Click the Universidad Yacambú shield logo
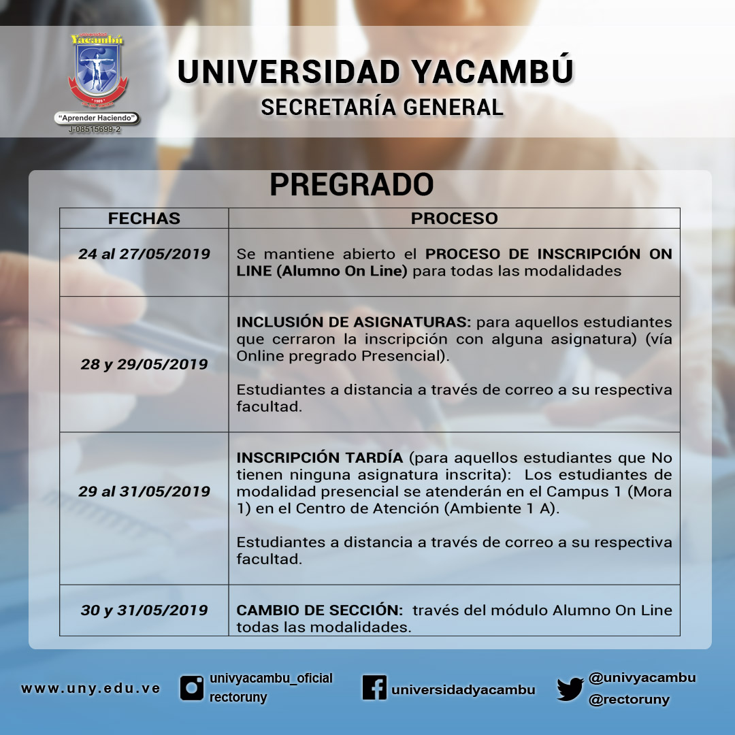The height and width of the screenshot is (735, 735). [x=97, y=70]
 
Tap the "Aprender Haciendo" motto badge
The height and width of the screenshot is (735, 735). [x=97, y=118]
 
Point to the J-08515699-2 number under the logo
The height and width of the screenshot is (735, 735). [x=95, y=129]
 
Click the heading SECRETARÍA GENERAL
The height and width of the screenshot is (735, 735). [x=382, y=108]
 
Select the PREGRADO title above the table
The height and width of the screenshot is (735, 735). [x=352, y=184]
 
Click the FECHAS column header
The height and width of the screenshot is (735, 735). [x=144, y=218]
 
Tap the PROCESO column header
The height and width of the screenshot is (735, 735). [x=454, y=218]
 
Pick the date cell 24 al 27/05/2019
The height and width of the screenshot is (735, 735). [x=144, y=254]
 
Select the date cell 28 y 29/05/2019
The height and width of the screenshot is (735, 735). [x=144, y=364]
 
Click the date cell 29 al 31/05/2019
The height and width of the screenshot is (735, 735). [x=144, y=491]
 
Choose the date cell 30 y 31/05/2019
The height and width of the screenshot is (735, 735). [x=144, y=610]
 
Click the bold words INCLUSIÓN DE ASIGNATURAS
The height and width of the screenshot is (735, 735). [x=353, y=322]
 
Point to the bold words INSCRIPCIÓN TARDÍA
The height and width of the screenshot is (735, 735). [x=320, y=457]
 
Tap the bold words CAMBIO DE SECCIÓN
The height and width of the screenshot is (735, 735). [x=320, y=610]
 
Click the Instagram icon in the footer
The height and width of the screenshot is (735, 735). [x=192, y=688]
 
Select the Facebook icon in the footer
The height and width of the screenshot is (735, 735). [x=374, y=687]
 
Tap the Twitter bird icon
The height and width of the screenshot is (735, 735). [x=570, y=689]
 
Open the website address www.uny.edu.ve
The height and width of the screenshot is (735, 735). [x=91, y=689]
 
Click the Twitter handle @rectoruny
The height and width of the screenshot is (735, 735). [x=629, y=700]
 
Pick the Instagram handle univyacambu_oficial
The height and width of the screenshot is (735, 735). [x=271, y=679]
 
